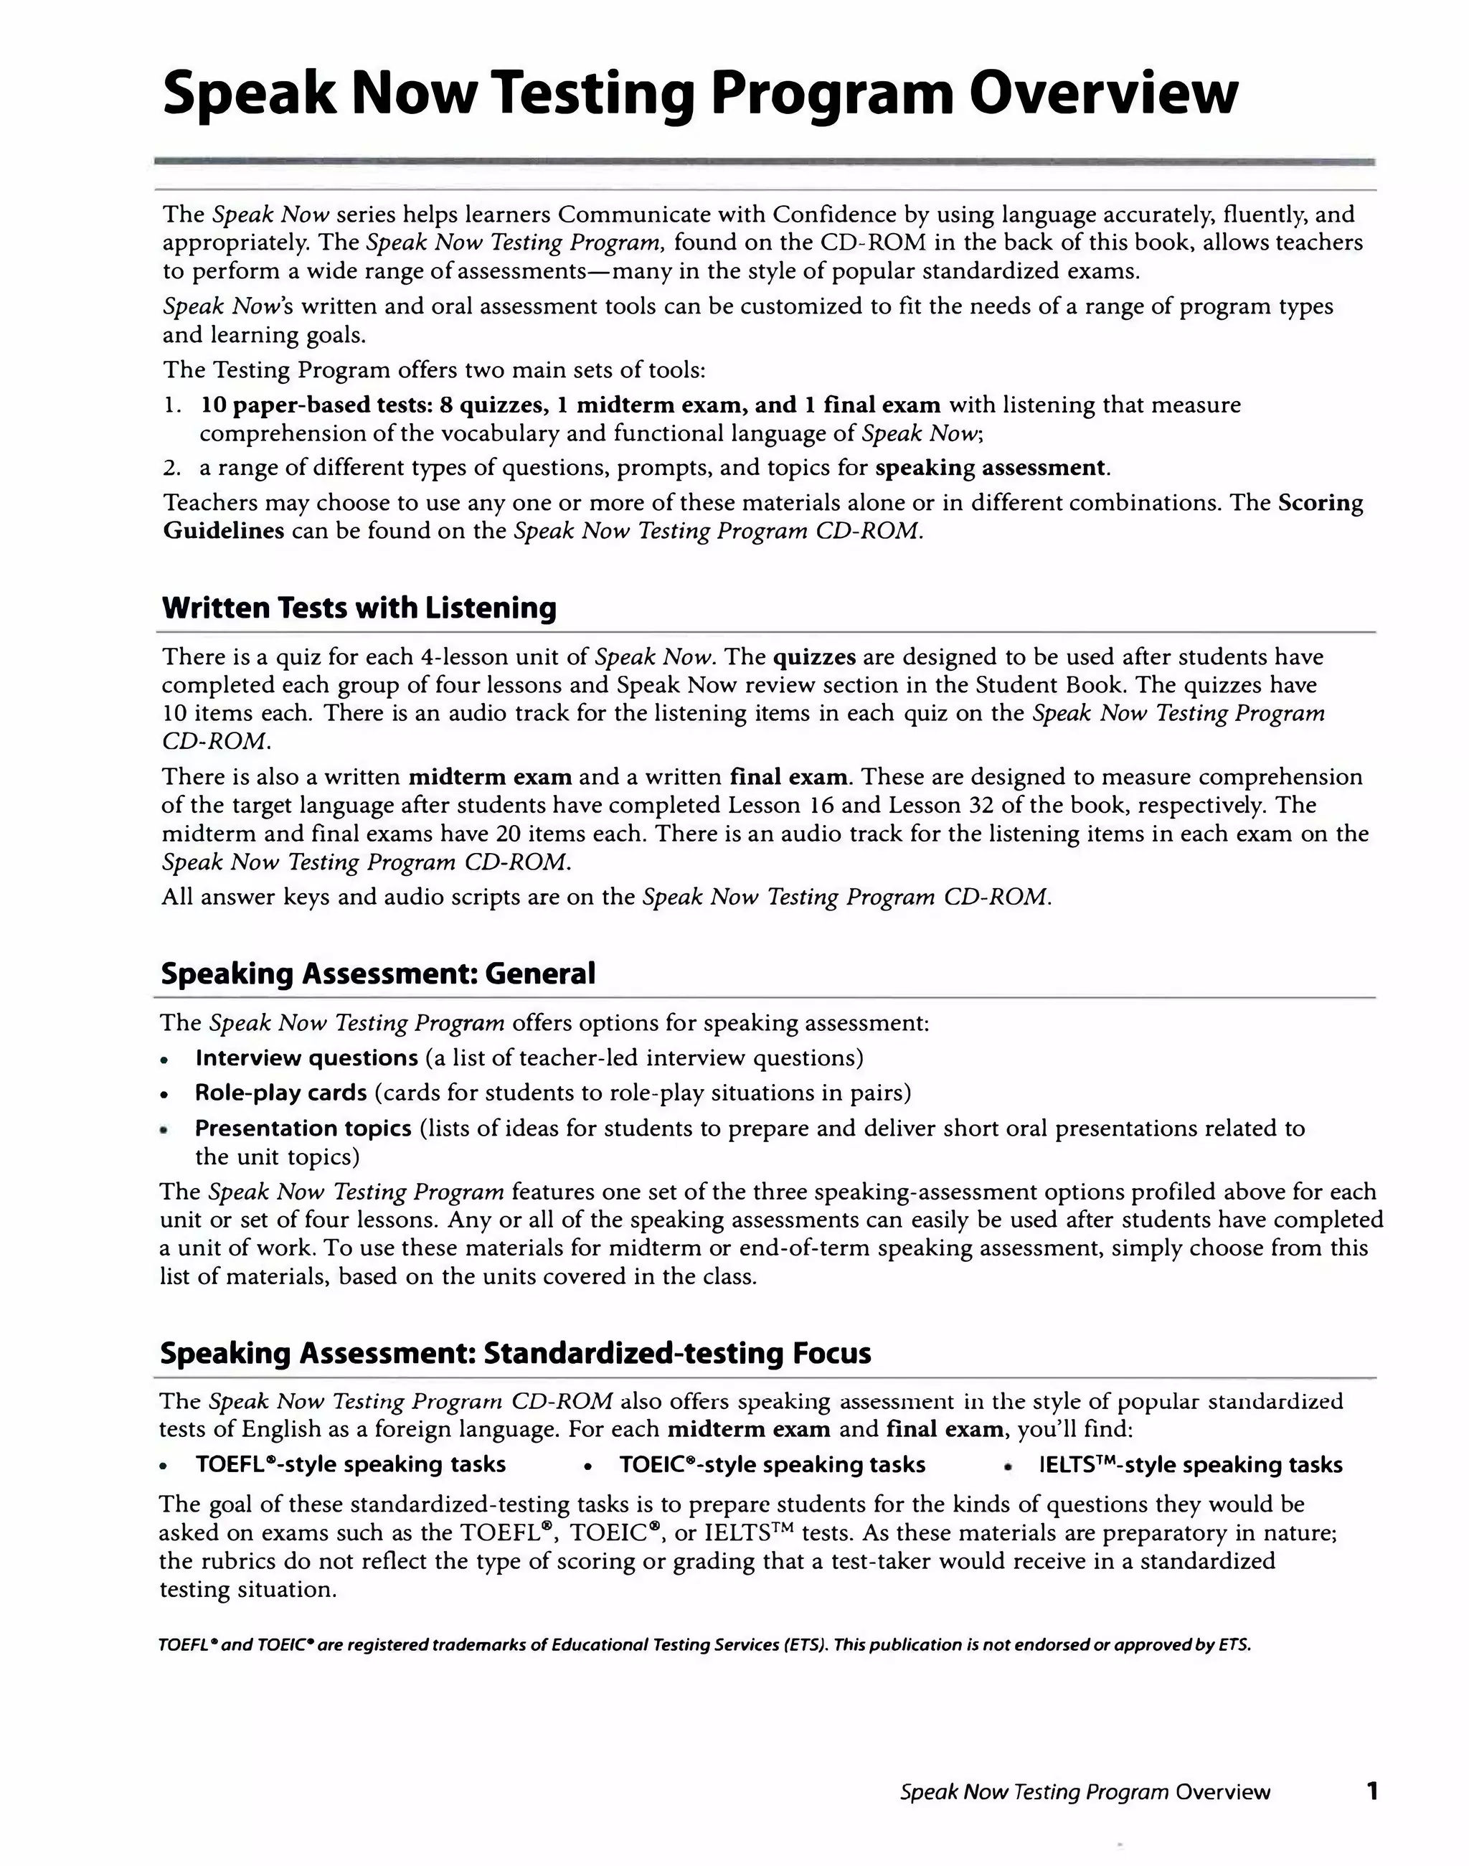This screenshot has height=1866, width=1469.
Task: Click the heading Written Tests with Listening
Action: click(x=359, y=608)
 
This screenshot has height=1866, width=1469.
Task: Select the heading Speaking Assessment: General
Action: click(x=377, y=973)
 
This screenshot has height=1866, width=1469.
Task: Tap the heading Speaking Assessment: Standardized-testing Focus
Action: click(x=515, y=1352)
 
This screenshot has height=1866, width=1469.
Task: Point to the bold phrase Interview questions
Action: click(x=306, y=1057)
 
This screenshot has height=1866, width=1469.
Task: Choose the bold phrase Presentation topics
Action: click(x=303, y=1128)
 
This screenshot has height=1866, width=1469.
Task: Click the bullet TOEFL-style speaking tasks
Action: click(x=350, y=1464)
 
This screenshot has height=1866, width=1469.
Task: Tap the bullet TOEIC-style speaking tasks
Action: click(x=772, y=1464)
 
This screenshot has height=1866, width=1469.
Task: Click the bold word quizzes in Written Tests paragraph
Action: click(x=813, y=657)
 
